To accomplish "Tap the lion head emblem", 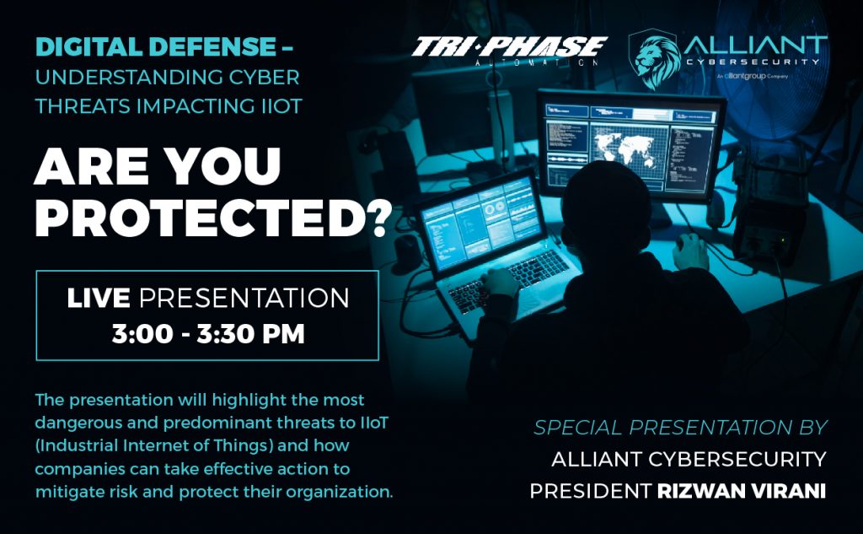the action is coord(655,60).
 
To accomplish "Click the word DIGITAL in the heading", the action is coord(87,46).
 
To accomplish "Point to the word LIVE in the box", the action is coord(98,298).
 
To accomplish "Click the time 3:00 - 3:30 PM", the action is coord(208,334).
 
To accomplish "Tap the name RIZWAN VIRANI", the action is coord(742,491).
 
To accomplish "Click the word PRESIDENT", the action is coord(591,491).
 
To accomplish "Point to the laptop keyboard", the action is coord(509,281).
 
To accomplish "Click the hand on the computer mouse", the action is coord(690,251).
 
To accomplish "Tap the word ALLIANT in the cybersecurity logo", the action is coord(755,46).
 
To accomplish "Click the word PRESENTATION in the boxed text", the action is coord(244,298).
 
